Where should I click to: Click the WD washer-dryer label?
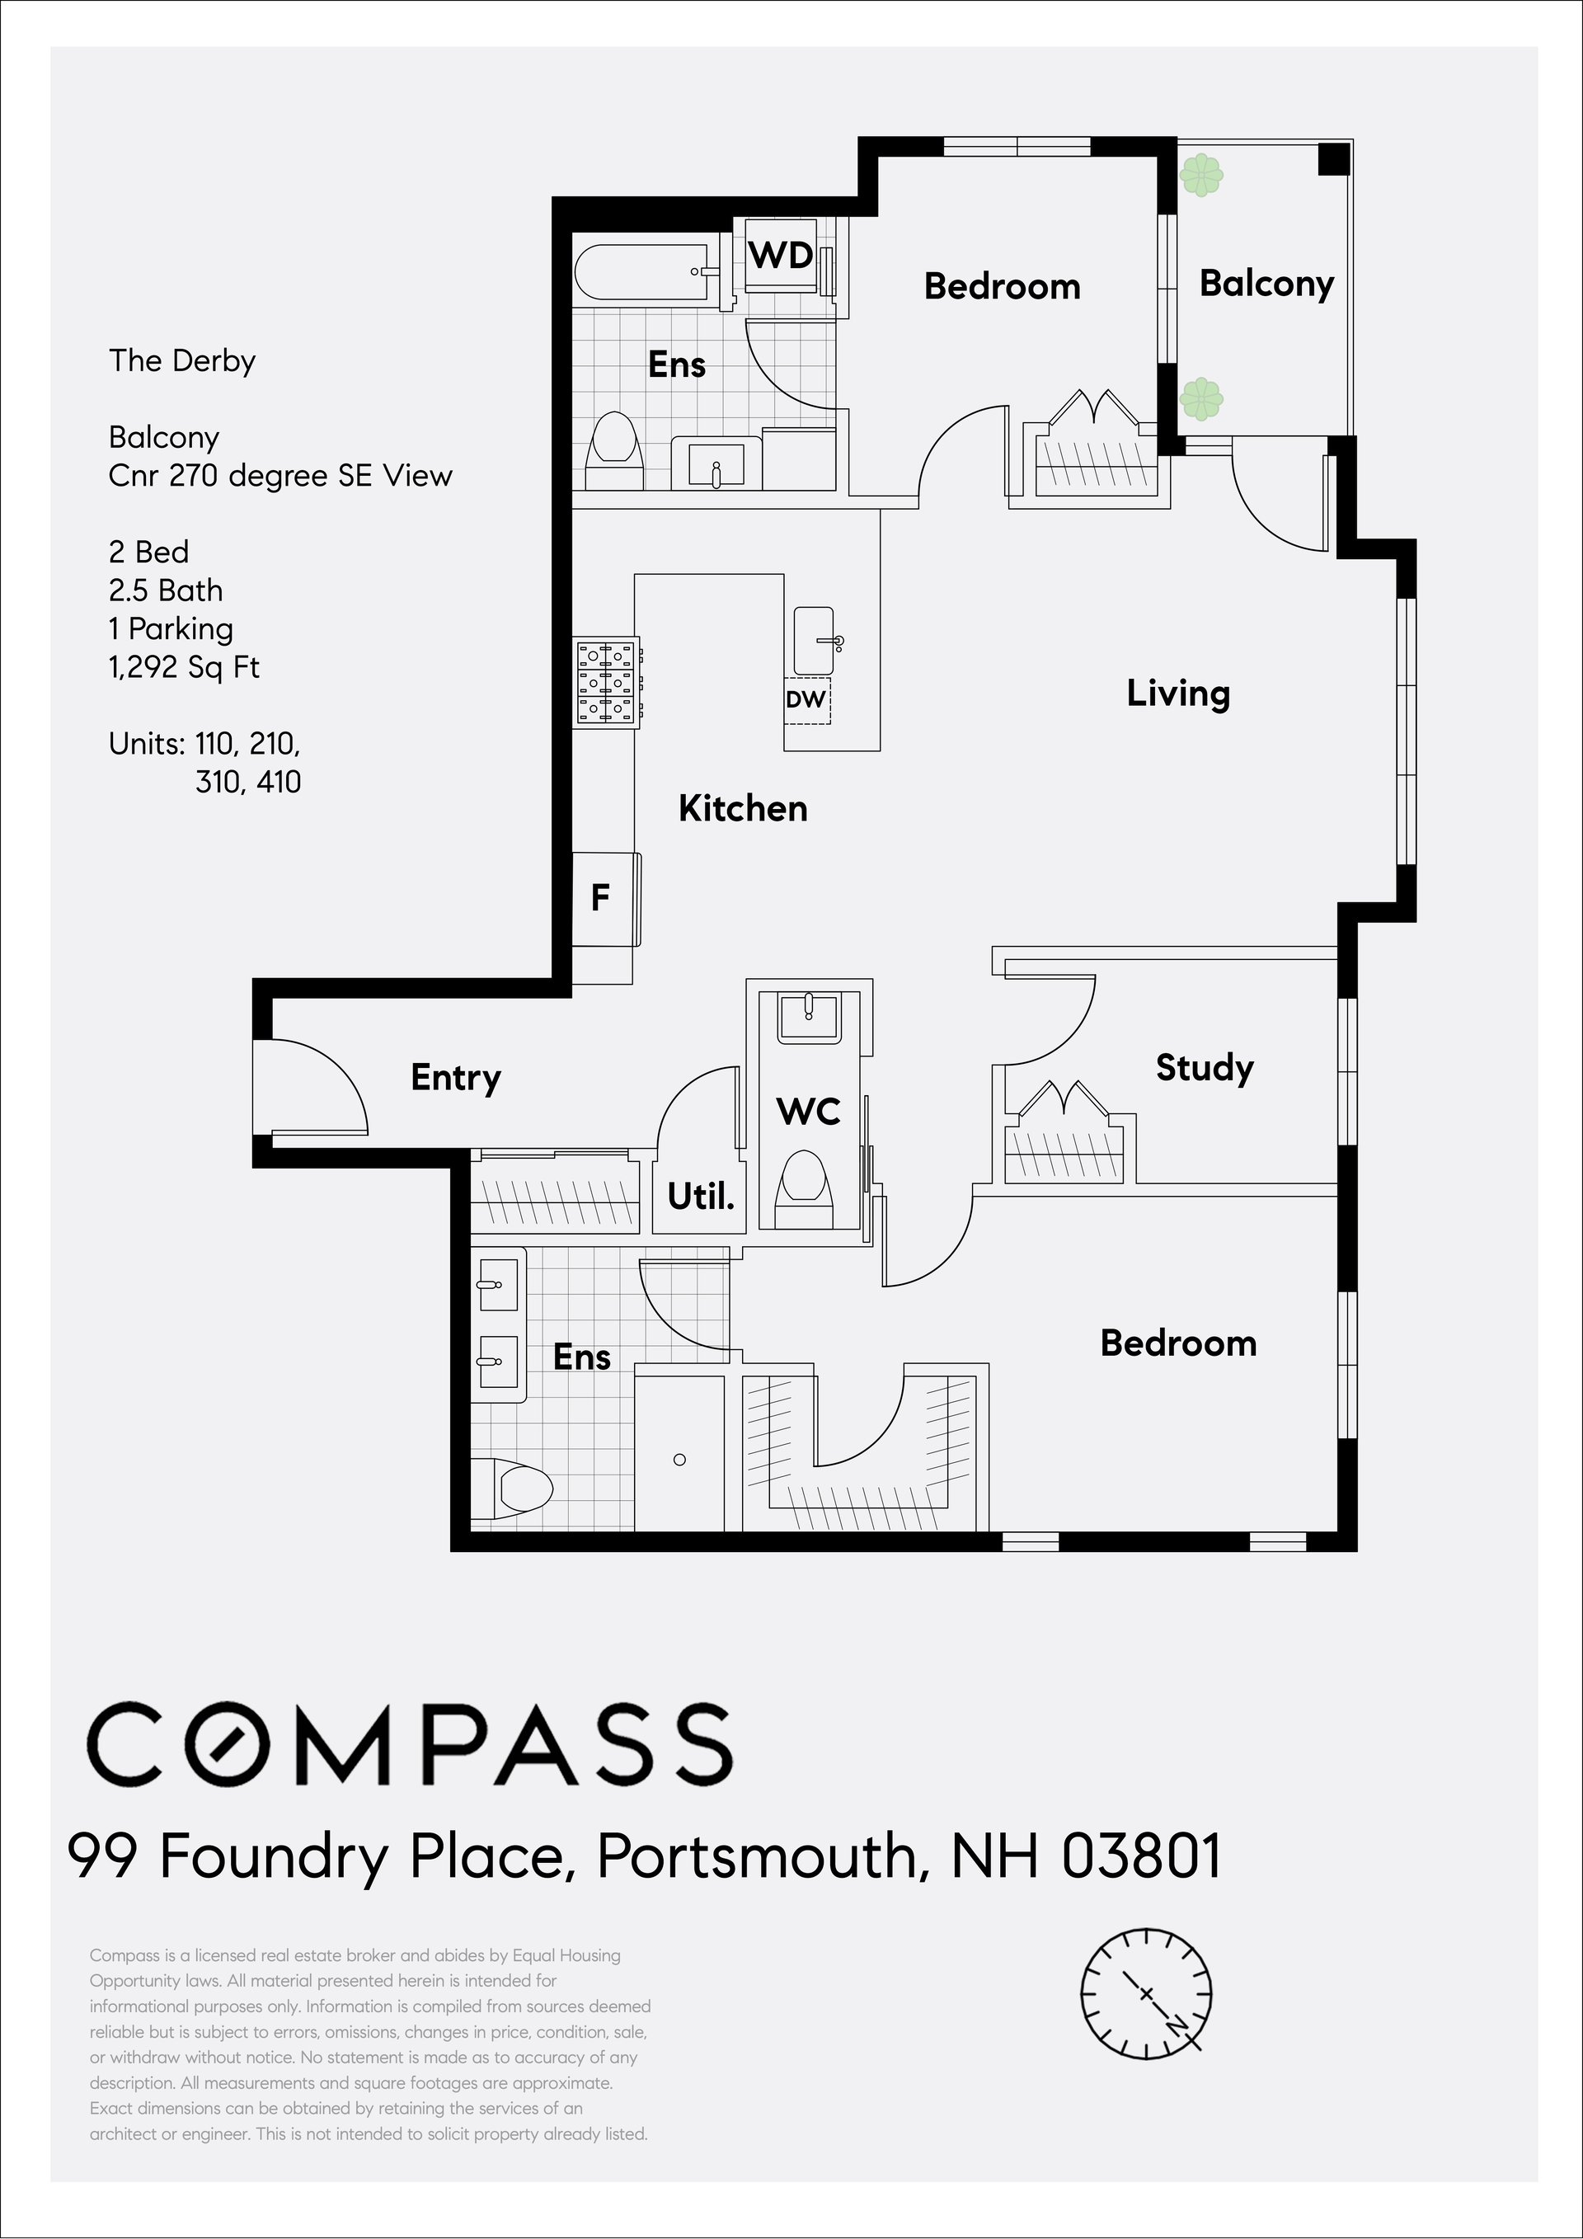pos(781,256)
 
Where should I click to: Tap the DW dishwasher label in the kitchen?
pos(806,699)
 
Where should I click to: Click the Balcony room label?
pos(1266,284)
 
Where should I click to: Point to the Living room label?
pos(1178,694)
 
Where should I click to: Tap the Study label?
pos(1205,1068)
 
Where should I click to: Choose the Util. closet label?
pos(701,1196)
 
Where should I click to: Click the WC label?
pos(809,1111)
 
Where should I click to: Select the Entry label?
pos(455,1078)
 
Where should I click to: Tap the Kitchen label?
pos(743,808)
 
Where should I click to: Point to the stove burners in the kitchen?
pos(606,683)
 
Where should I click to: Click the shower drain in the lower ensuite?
pos(679,1460)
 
